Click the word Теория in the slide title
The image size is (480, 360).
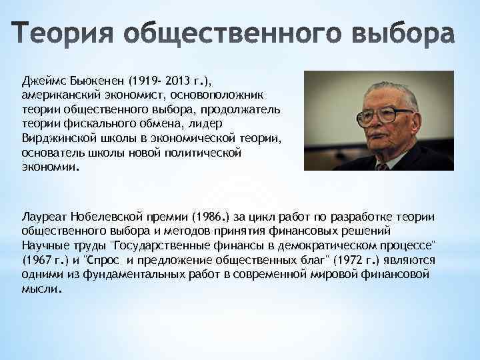pos(63,36)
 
